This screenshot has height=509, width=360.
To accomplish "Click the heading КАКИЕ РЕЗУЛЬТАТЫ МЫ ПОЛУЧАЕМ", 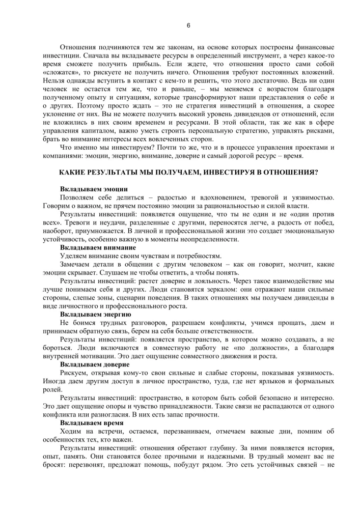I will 188,173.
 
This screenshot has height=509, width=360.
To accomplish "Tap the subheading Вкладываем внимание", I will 96,247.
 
